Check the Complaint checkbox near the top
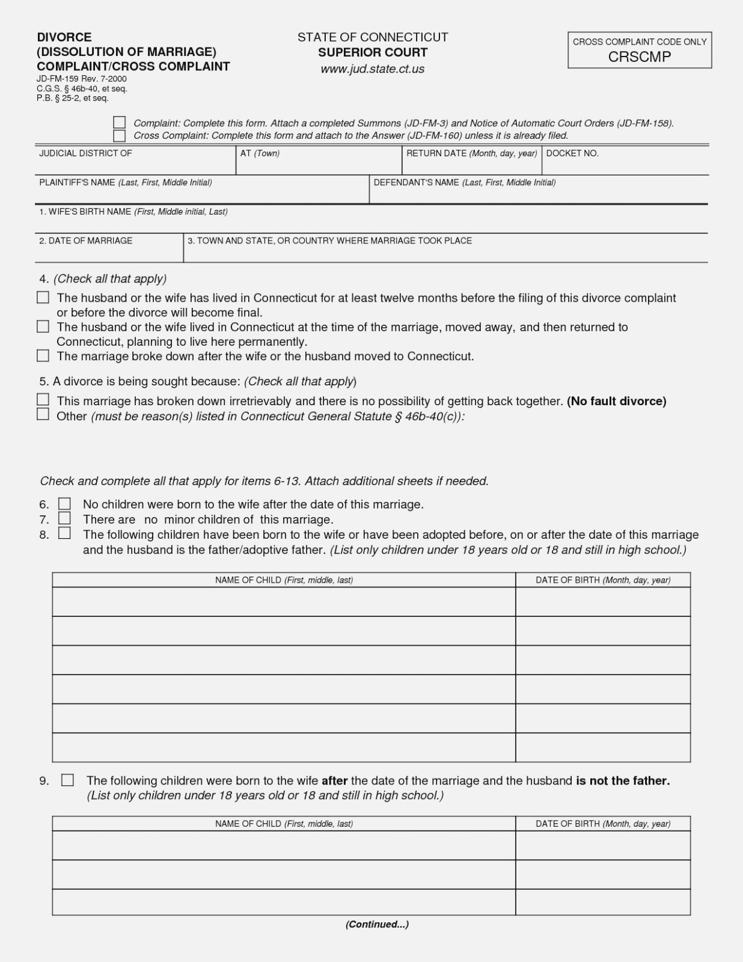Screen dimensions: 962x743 120,123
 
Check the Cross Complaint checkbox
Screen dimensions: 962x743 120,135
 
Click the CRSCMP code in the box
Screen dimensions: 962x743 640,57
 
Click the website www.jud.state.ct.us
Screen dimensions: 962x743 373,69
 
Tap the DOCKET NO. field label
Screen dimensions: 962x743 572,153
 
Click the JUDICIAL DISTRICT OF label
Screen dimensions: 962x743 85,153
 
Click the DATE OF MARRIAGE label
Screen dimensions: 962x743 85,240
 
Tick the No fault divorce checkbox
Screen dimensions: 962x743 43,400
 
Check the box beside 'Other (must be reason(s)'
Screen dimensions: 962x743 43,414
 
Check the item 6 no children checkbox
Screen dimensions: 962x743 64,504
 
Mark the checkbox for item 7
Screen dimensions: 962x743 64,518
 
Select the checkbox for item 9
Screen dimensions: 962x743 67,780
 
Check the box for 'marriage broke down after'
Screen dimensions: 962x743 43,356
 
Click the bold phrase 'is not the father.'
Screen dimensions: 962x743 623,780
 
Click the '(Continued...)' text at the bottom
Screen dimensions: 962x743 377,924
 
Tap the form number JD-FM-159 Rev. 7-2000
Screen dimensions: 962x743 82,79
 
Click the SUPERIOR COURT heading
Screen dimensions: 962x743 373,52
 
